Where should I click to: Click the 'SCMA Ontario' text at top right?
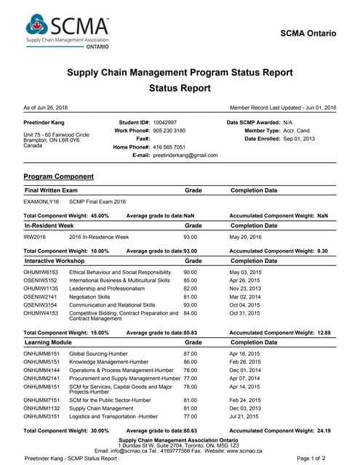(308, 33)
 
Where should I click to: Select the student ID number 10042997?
(165, 122)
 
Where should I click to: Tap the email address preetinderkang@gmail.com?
(185, 155)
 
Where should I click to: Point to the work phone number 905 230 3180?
(169, 130)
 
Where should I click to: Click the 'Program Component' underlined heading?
(58, 177)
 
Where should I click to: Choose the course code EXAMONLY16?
(41, 201)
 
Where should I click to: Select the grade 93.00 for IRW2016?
(191, 237)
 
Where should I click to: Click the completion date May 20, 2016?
(246, 237)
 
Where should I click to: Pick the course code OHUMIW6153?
(41, 272)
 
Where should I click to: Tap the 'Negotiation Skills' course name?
(89, 296)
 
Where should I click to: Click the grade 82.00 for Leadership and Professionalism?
(191, 288)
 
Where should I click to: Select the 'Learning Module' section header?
(48, 341)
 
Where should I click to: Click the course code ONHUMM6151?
(41, 353)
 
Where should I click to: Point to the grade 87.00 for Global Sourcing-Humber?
(191, 353)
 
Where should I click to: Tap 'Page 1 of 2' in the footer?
(312, 459)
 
